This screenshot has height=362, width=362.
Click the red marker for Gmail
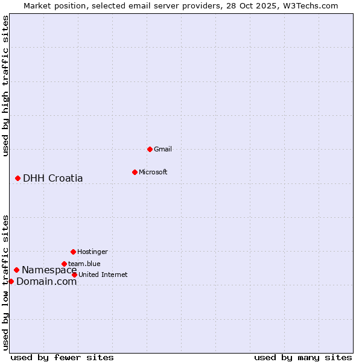(150, 149)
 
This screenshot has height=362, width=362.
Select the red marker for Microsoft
(135, 172)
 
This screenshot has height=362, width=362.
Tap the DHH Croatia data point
(17, 178)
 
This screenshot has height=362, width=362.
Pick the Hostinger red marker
(73, 252)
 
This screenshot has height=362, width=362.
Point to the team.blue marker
(64, 264)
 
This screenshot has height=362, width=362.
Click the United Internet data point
(74, 275)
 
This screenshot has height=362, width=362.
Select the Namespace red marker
(16, 270)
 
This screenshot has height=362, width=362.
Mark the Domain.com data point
(11, 281)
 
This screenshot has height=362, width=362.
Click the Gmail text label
(164, 149)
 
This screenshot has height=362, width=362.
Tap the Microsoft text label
(153, 172)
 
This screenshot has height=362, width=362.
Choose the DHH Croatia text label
(53, 178)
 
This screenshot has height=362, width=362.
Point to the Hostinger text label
(92, 252)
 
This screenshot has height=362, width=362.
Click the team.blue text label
(84, 264)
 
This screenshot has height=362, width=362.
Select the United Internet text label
(103, 275)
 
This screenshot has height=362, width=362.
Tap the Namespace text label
(49, 270)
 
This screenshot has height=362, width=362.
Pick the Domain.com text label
(46, 281)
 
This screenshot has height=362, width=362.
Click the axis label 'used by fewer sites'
(62, 357)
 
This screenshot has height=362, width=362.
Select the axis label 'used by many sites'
(303, 357)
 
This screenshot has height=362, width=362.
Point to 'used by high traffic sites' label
(6, 86)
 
